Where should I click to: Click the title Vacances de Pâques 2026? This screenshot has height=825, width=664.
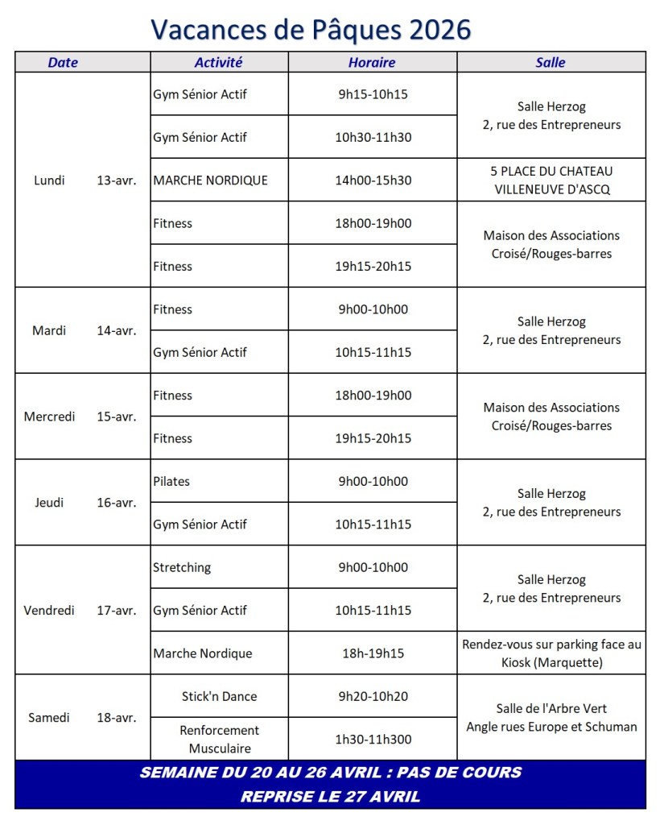(x=311, y=29)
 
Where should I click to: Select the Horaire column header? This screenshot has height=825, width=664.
(x=372, y=62)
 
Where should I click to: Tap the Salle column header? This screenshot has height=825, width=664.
(x=551, y=62)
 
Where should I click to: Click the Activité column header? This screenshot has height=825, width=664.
(x=218, y=62)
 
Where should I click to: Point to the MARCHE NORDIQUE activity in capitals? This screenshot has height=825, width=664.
(x=210, y=180)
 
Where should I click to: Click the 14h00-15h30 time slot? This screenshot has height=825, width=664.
(x=373, y=180)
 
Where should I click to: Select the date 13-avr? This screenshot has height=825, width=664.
(x=116, y=180)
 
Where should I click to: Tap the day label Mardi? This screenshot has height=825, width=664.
(x=49, y=330)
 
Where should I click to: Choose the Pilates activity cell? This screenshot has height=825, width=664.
(x=171, y=481)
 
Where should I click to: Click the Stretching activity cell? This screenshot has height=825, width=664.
(x=182, y=567)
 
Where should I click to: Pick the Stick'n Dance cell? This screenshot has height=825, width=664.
(x=219, y=696)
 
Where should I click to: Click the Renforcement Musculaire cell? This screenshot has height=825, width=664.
(x=219, y=739)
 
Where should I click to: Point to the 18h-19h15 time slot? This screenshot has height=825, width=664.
(x=373, y=653)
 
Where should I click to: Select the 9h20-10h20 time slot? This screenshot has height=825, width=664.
(x=373, y=696)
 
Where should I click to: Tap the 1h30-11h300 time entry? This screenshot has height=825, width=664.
(x=373, y=739)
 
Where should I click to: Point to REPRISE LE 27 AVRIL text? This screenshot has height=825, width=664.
(x=330, y=797)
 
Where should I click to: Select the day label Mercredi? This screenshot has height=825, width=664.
(x=49, y=417)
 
